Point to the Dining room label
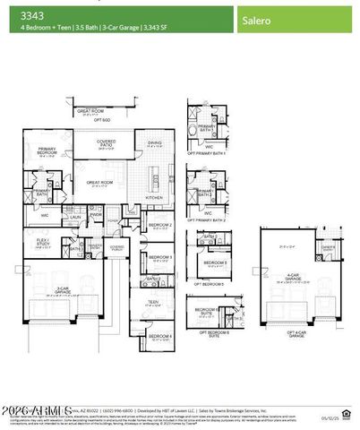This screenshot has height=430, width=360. (x=154, y=143)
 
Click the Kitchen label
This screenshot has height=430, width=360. (x=153, y=196)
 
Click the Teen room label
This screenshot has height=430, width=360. (x=152, y=303)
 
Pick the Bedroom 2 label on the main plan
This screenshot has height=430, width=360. (x=159, y=225)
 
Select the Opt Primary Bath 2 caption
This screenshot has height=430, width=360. (x=206, y=219)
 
